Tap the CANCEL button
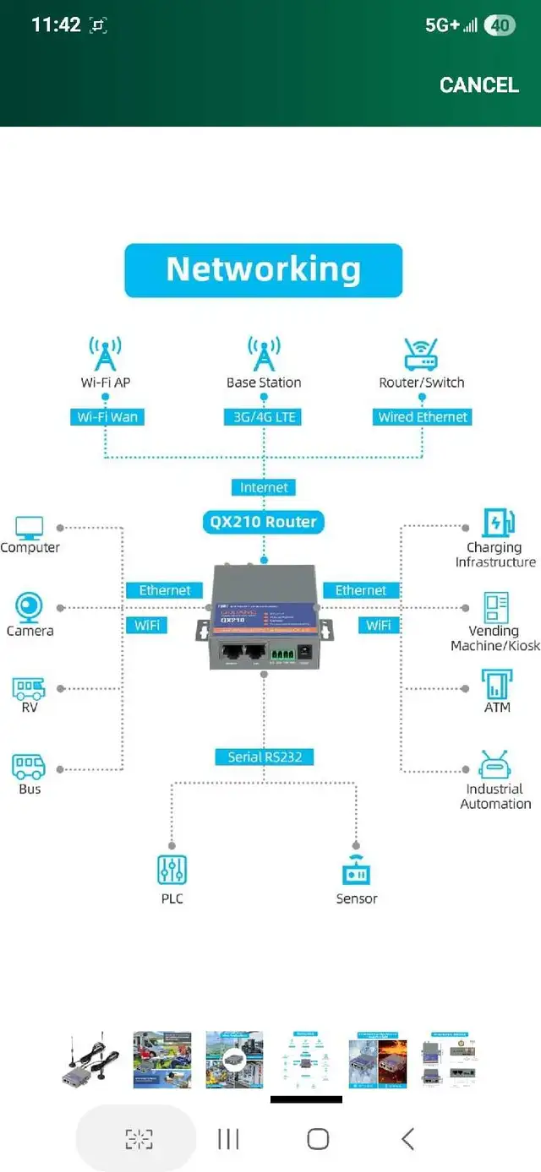pyautogui.click(x=478, y=84)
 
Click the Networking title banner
pyautogui.click(x=264, y=270)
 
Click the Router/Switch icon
pyautogui.click(x=421, y=355)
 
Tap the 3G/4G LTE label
pyautogui.click(x=264, y=417)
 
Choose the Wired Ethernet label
pyautogui.click(x=422, y=417)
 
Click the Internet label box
pyautogui.click(x=264, y=487)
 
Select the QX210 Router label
pyautogui.click(x=263, y=522)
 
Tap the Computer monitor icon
pyautogui.click(x=30, y=528)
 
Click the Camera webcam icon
pyautogui.click(x=30, y=607)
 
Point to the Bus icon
pyautogui.click(x=29, y=767)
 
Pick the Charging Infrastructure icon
pyautogui.click(x=496, y=524)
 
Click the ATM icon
pyautogui.click(x=496, y=684)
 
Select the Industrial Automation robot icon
pyautogui.click(x=494, y=765)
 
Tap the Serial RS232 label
pyautogui.click(x=265, y=757)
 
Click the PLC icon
pyautogui.click(x=172, y=870)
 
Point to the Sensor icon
pyautogui.click(x=356, y=871)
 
